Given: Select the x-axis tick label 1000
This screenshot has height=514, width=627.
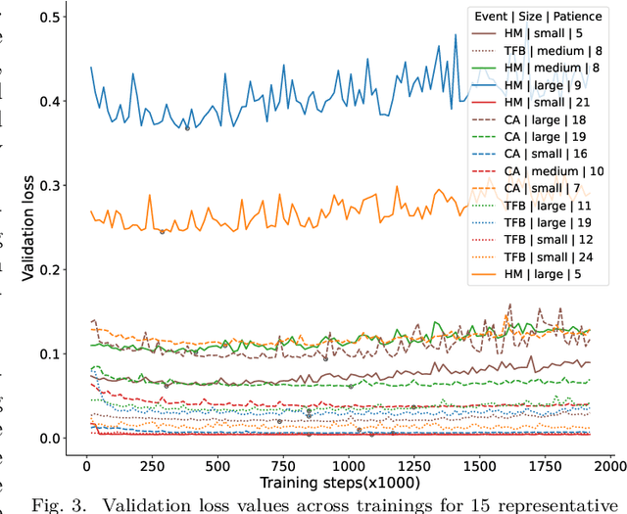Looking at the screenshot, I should (348, 461).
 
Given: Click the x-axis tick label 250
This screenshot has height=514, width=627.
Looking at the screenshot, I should (152, 461).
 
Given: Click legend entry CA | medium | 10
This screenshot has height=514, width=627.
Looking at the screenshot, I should (555, 171).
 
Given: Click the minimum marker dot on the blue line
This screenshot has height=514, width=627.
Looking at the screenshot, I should (187, 127).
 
